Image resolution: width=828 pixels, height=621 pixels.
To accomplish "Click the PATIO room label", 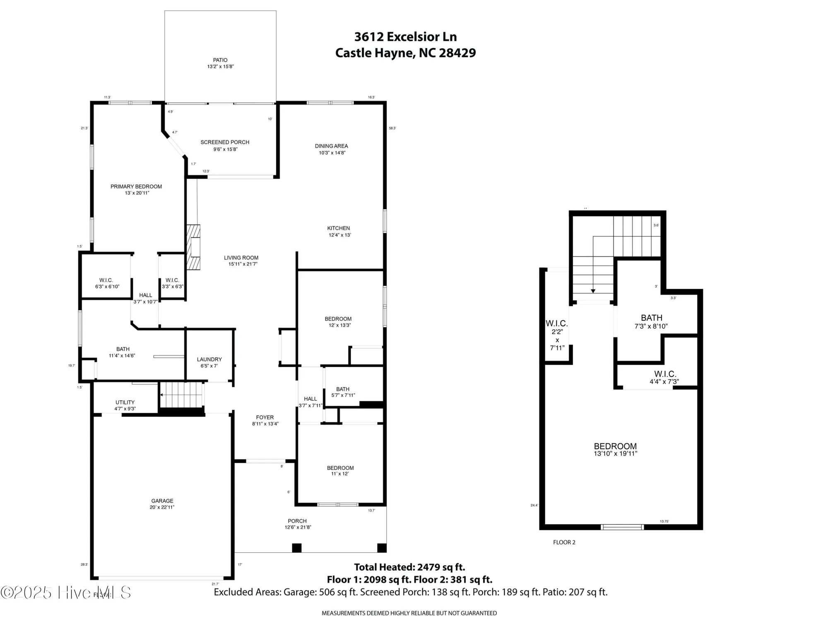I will pyautogui.click(x=220, y=60).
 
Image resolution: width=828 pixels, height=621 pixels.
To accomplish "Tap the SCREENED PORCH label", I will pyautogui.click(x=225, y=142).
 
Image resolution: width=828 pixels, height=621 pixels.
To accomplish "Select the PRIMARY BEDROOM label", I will pyautogui.click(x=136, y=186).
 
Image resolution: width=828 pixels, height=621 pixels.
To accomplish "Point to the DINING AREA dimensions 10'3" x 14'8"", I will pyautogui.click(x=332, y=153).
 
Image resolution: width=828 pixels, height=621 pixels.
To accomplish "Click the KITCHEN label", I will pyautogui.click(x=339, y=228).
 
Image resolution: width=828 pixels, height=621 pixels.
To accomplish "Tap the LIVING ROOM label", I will pyautogui.click(x=241, y=258).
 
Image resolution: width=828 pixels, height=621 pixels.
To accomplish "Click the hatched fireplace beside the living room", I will pyautogui.click(x=193, y=247).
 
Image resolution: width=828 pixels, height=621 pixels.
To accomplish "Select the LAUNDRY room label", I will pyautogui.click(x=209, y=359).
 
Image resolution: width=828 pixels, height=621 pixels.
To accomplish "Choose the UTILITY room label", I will pyautogui.click(x=125, y=402).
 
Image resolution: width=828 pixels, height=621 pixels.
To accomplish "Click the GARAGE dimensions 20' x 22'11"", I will pyautogui.click(x=162, y=507).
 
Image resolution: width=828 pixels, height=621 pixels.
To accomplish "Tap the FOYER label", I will pyautogui.click(x=265, y=417).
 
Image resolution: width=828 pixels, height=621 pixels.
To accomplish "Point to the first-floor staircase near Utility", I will pyautogui.click(x=181, y=395).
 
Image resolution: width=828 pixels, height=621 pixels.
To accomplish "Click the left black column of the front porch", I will pyautogui.click(x=296, y=548).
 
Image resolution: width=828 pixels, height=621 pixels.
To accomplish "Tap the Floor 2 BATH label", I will pyautogui.click(x=652, y=318).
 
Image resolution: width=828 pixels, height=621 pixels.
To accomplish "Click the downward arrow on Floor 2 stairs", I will pyautogui.click(x=593, y=291).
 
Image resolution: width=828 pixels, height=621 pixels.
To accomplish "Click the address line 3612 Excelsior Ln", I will pyautogui.click(x=405, y=37).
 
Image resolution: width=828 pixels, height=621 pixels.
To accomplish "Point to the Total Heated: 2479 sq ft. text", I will pyautogui.click(x=409, y=567).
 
